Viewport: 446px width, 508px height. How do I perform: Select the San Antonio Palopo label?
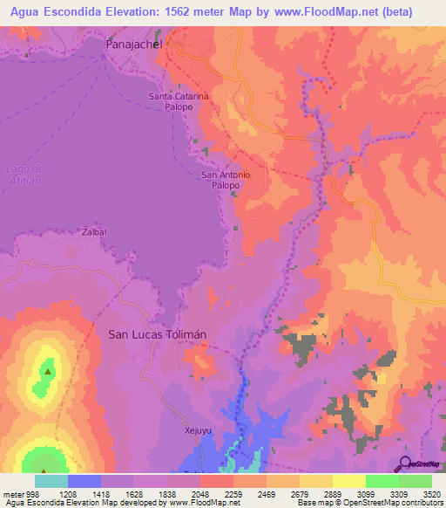tap(226, 180)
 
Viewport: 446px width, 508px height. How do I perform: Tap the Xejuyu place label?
tap(198, 430)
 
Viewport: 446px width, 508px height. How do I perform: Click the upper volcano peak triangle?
tap(46, 370)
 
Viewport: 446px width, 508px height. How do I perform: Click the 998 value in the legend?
tap(31, 493)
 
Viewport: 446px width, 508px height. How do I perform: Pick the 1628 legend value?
tap(134, 493)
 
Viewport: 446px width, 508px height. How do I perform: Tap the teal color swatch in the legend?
tap(51, 481)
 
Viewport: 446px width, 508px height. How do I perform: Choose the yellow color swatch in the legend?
tap(348, 481)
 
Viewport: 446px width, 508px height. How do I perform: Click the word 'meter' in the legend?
tap(11, 493)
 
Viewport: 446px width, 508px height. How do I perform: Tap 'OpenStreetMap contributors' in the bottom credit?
tap(393, 503)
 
